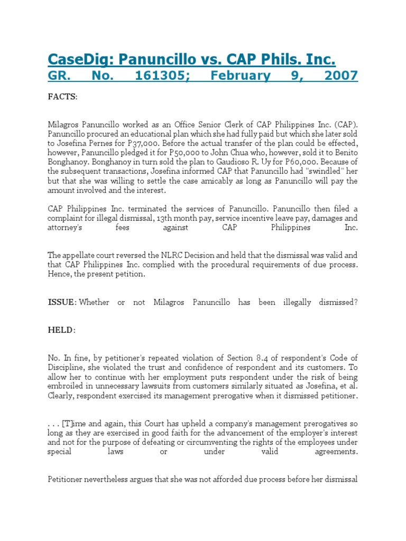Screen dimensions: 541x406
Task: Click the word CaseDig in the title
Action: [x=79, y=58]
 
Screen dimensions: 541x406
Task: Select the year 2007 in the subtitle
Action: [x=340, y=76]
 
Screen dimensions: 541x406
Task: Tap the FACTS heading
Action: [x=62, y=97]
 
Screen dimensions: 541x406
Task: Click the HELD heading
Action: [x=61, y=330]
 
